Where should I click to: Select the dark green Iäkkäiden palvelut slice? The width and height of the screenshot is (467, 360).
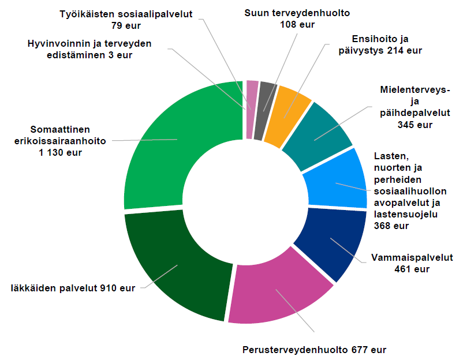(x=173, y=265)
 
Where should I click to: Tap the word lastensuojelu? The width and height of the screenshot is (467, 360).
(x=407, y=215)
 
